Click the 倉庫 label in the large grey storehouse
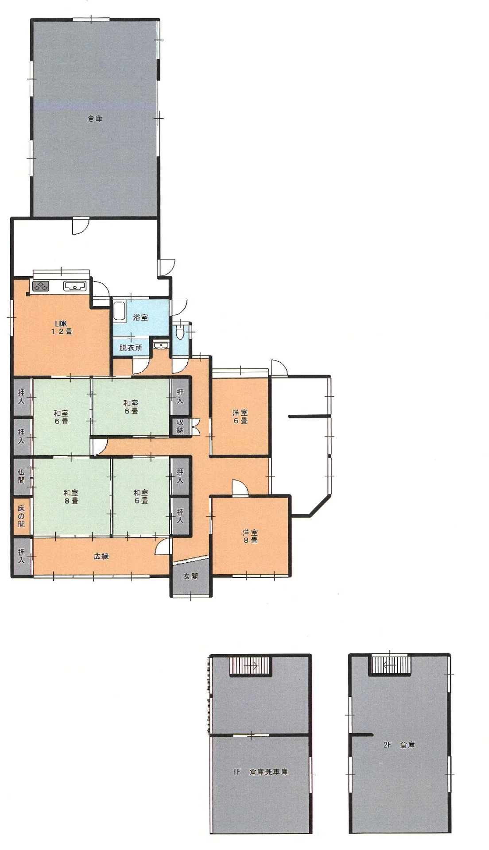pos(95,118)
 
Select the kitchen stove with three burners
pos(40,286)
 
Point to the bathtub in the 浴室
pos(120,310)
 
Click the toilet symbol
pos(179,332)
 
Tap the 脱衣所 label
pos(130,348)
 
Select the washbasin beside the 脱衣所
pos(160,344)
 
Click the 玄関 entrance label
pos(191,576)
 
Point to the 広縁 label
pos(101,556)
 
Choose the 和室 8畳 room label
pos(71,497)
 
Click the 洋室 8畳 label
pos(250,536)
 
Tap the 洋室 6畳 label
pos(241,417)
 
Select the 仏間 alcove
pos(22,476)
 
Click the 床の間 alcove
pos(22,516)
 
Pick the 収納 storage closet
pos(180,427)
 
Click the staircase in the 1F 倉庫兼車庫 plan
pos(250,666)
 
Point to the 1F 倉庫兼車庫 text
pos(260,772)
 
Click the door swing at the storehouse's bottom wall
pos(81,226)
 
